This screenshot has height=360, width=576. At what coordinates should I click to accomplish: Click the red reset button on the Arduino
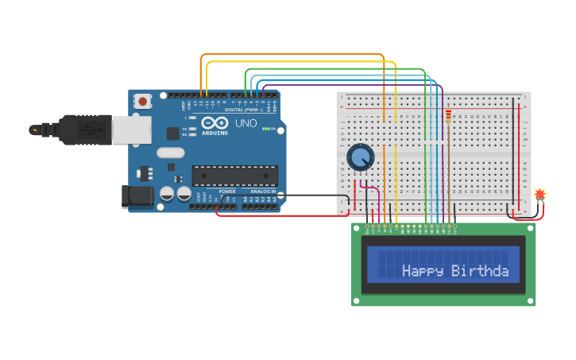[143, 101]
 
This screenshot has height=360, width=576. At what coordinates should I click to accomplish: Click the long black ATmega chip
[234, 176]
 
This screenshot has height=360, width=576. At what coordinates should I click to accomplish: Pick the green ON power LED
[273, 129]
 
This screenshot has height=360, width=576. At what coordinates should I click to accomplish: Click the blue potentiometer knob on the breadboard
[361, 157]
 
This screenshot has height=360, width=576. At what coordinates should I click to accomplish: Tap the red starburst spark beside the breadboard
[540, 193]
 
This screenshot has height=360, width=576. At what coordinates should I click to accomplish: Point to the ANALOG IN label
[263, 192]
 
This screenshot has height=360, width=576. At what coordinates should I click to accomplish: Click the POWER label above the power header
[227, 192]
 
